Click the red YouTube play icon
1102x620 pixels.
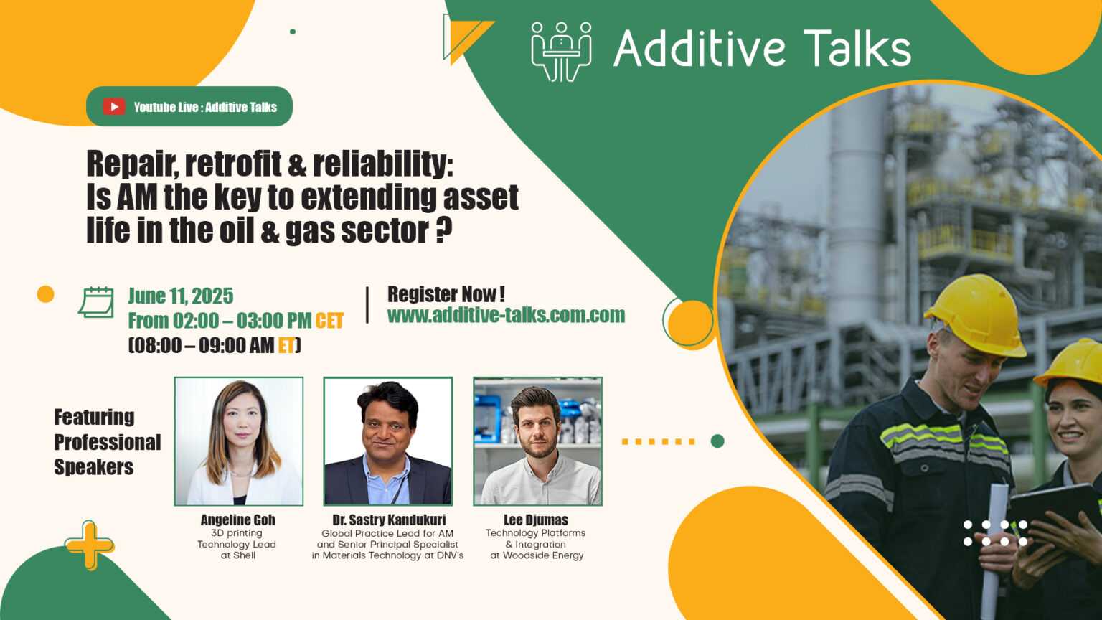coord(113,107)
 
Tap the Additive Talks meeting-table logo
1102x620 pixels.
coord(561,50)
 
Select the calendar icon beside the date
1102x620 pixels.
coord(96,302)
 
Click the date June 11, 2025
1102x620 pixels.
coord(180,296)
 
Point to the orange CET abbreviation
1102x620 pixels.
coord(329,321)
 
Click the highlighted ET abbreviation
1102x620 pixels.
coord(286,346)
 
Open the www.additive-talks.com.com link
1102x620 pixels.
coord(506,315)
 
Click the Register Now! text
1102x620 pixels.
coord(446,294)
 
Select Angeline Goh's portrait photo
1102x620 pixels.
coord(239,441)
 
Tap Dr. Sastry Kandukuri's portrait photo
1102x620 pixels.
coord(387,441)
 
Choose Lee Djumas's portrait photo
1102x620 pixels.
coord(537,441)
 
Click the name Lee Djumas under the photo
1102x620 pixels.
coord(535,520)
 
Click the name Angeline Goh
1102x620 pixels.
coord(237,520)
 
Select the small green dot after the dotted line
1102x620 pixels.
coord(717,441)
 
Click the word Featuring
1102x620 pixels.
coord(94,417)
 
